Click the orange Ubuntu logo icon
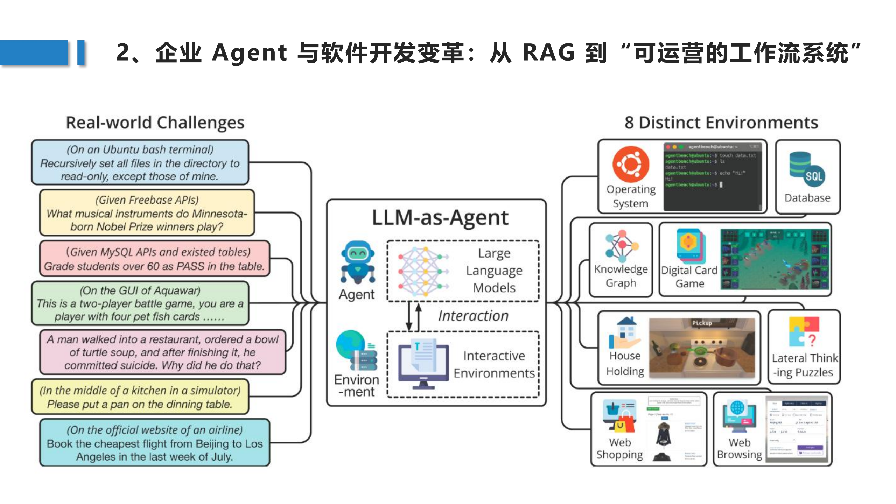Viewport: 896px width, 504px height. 631,164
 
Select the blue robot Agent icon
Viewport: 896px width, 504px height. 358,262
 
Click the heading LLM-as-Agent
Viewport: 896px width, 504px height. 440,218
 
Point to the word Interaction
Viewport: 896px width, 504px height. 473,316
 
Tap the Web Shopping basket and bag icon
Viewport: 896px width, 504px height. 619,416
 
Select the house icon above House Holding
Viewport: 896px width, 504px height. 625,332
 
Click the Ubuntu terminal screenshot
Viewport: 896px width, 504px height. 713,176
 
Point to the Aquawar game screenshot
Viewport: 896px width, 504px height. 774,259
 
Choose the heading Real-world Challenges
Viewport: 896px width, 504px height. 155,123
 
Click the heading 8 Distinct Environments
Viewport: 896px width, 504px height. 721,123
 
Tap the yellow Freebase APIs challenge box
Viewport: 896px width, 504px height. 147,213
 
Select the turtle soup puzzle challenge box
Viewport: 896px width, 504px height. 163,352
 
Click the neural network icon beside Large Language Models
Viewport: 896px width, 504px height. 423,271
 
